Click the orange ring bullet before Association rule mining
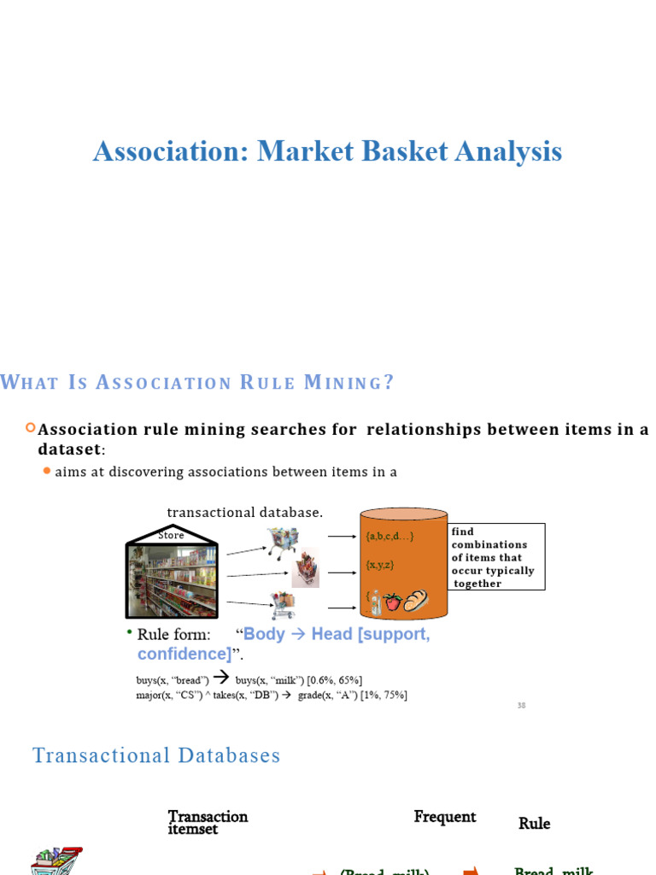pos(31,428)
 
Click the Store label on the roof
pos(171,535)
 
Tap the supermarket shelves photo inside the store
pos(172,580)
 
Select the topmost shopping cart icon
pos(282,541)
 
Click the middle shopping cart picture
pos(305,567)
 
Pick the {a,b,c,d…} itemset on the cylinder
pos(389,537)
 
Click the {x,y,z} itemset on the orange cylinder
pos(379,565)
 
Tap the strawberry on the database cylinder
pos(392,602)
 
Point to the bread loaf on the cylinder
pos(415,601)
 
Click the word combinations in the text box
pos(489,544)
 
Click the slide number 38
pos(521,706)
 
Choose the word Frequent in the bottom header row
pos(445,817)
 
